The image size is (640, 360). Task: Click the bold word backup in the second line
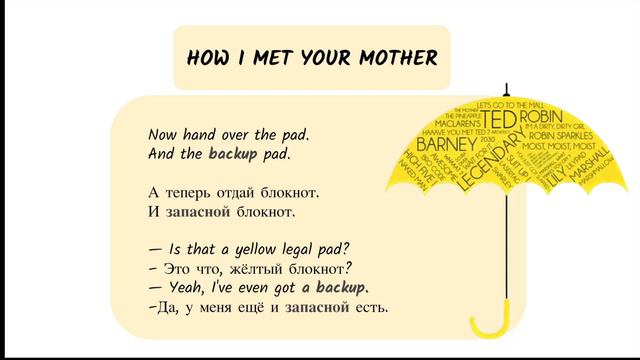click(233, 154)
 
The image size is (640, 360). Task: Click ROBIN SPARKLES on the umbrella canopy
click(557, 135)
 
